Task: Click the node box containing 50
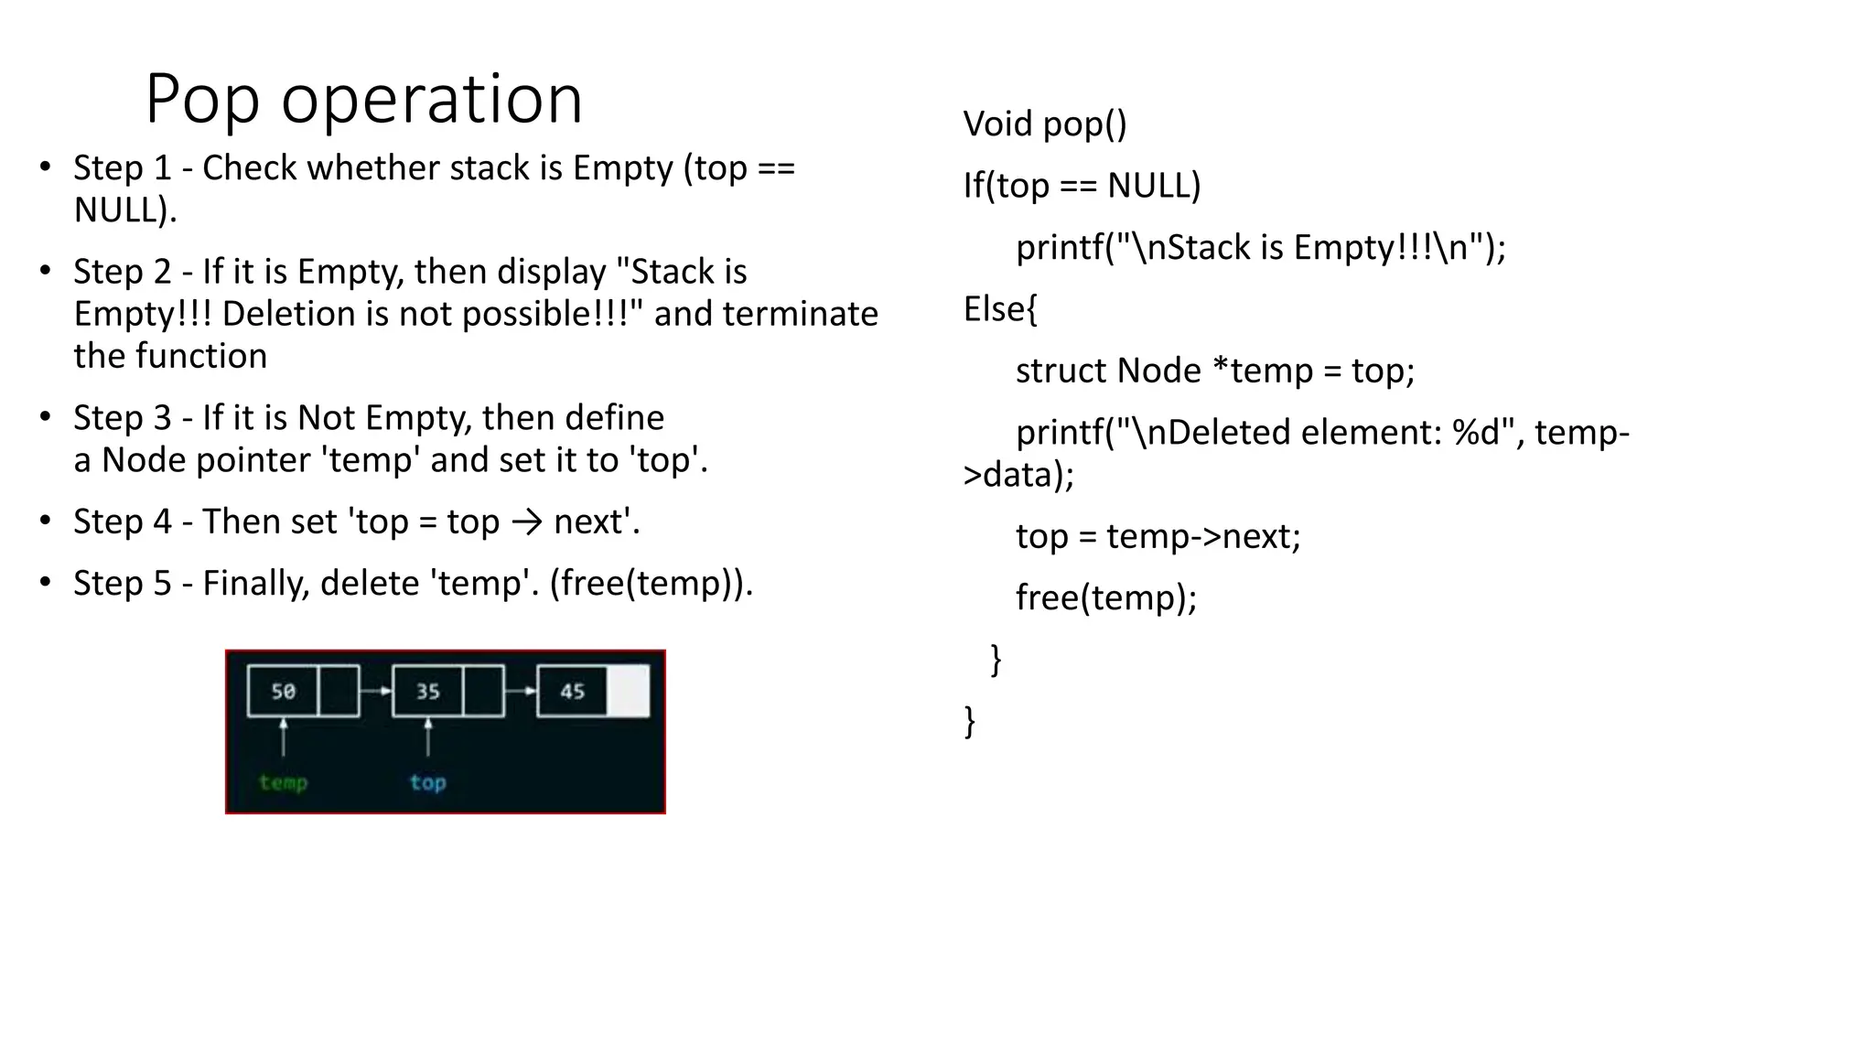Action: click(x=283, y=692)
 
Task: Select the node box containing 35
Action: click(x=428, y=692)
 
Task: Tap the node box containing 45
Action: click(x=573, y=692)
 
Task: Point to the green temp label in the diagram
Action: click(x=283, y=783)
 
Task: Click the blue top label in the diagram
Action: click(x=427, y=783)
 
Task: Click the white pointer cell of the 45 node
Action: click(x=629, y=692)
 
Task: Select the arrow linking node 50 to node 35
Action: click(x=375, y=692)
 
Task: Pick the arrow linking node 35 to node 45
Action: click(x=520, y=692)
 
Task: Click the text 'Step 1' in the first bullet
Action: click(x=123, y=168)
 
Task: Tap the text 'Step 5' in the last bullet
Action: click(x=123, y=584)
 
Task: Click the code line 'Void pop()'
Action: click(x=1045, y=124)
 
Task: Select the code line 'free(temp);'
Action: click(x=1106, y=598)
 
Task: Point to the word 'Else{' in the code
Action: click(x=1000, y=310)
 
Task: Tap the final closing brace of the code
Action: click(x=970, y=722)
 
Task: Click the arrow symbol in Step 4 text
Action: click(x=527, y=522)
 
